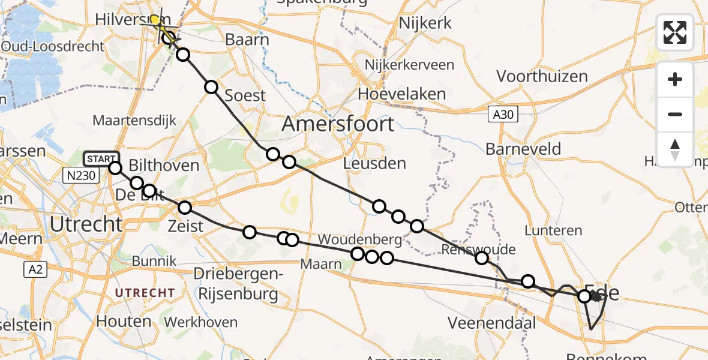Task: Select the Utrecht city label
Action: tap(86, 224)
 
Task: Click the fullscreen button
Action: tap(675, 32)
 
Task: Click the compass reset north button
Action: tap(675, 149)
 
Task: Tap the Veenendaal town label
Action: tap(491, 323)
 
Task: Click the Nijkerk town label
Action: tap(425, 23)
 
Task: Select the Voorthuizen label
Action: tap(542, 76)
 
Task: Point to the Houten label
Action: tap(124, 321)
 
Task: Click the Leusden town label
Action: tap(374, 163)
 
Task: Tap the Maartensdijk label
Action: tap(135, 121)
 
